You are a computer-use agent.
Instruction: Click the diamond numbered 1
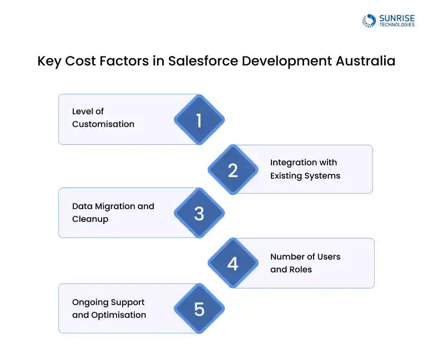(x=199, y=120)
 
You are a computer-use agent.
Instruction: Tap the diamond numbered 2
(x=233, y=170)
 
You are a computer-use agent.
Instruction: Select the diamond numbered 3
(x=199, y=213)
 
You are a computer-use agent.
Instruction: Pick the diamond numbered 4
(x=233, y=263)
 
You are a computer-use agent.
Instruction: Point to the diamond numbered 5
(x=199, y=308)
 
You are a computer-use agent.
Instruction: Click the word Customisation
(x=103, y=124)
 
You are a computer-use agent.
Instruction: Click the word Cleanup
(x=90, y=219)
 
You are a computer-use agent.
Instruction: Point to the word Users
(x=329, y=257)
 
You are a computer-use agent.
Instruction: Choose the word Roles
(x=300, y=270)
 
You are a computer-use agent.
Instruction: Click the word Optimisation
(x=118, y=315)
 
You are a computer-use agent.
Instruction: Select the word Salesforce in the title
(x=203, y=60)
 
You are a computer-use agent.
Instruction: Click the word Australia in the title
(x=366, y=60)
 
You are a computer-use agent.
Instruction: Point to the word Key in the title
(x=49, y=61)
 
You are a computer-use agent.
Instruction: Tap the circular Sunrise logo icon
(x=369, y=21)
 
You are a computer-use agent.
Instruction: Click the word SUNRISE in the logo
(x=397, y=18)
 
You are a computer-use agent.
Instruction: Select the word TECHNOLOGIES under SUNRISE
(x=397, y=25)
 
